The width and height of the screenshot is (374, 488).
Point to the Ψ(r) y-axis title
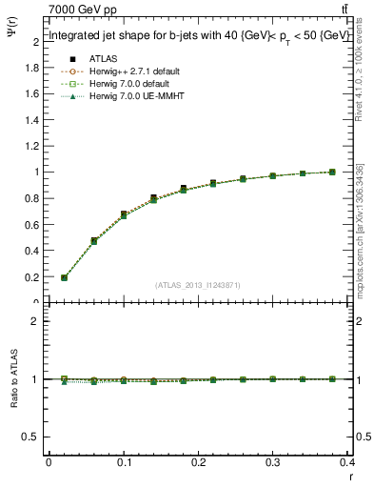[x=11, y=38]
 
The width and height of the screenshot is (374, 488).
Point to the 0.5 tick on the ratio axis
[x=33, y=436]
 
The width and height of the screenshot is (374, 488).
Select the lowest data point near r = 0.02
[x=64, y=278]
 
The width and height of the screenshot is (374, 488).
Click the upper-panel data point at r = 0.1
[x=124, y=214]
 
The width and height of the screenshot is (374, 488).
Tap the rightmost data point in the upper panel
[x=332, y=172]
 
